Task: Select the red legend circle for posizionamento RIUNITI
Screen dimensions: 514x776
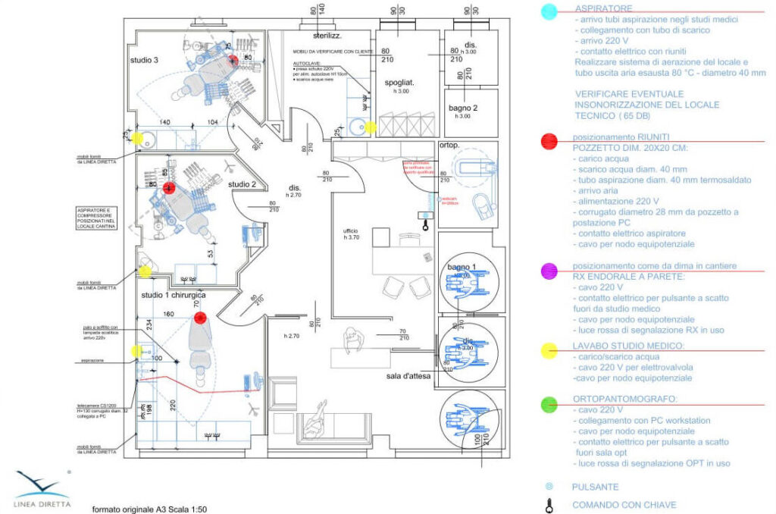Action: tap(551, 141)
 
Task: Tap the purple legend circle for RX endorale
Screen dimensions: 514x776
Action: tap(551, 269)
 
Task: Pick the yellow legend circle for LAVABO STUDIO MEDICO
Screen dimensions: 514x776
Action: tap(551, 349)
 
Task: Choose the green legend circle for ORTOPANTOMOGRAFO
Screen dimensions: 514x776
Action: tap(551, 404)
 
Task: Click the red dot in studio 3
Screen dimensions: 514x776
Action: tap(234, 59)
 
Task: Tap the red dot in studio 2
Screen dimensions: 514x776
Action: tap(170, 187)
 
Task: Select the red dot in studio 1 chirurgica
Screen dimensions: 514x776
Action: tap(200, 318)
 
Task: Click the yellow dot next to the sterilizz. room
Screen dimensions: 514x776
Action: tap(370, 127)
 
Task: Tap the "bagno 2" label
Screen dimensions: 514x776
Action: tap(462, 108)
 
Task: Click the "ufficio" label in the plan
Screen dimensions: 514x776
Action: tap(349, 230)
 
